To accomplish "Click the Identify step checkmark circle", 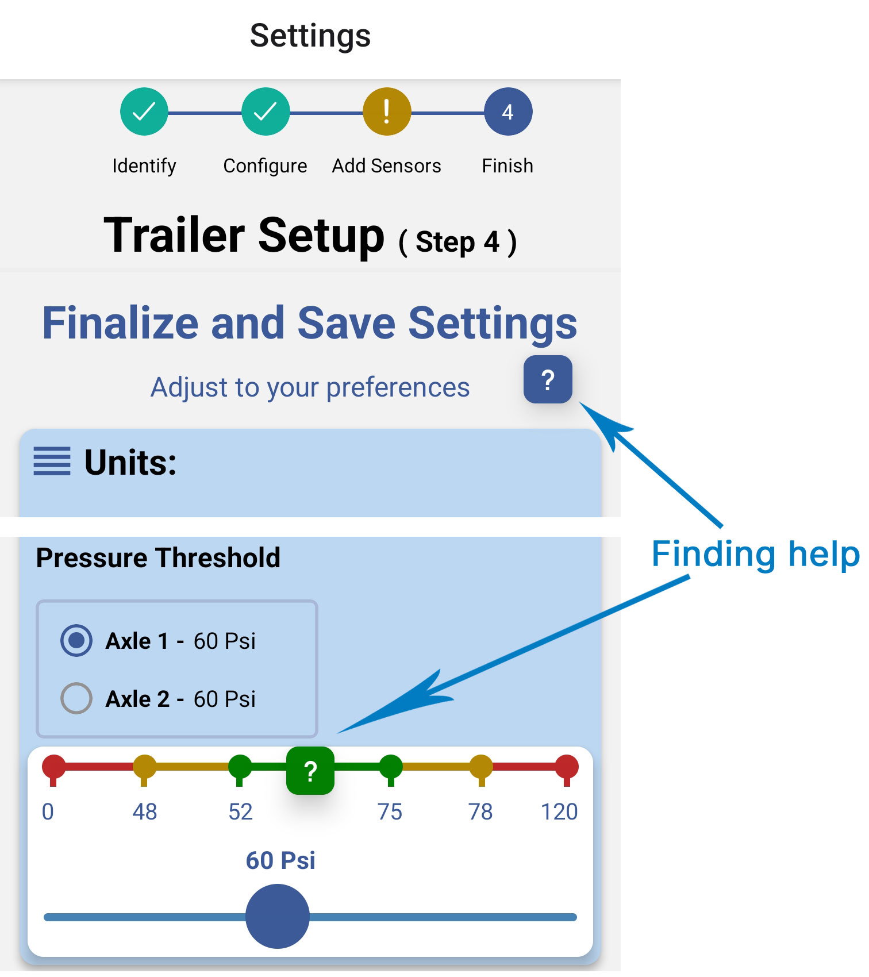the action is point(144,111).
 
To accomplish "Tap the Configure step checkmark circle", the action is point(266,111).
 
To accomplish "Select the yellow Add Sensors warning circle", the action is point(387,111).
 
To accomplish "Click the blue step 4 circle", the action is point(508,111).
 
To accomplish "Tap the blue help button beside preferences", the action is point(548,379).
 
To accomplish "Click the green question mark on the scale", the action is point(310,771).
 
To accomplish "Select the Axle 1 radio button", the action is point(76,640).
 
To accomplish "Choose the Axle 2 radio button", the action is point(76,698).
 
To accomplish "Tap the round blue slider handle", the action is point(278,916).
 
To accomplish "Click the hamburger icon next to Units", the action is point(52,461).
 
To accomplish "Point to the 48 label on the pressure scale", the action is point(144,811).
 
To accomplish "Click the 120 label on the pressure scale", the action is point(559,811).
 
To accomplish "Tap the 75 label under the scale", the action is point(390,811).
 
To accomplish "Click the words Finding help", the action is point(756,555).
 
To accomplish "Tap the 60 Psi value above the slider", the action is point(280,860).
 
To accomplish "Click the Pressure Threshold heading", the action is point(158,557).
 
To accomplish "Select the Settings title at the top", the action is point(310,36).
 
